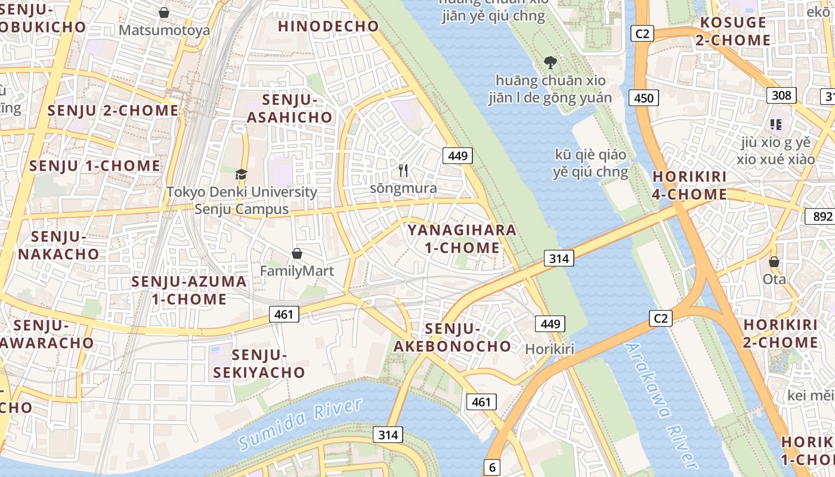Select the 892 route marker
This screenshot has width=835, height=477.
819,216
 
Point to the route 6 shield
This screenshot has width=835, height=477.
492,467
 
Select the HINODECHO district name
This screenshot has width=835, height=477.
328,26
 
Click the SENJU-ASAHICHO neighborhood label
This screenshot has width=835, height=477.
289,109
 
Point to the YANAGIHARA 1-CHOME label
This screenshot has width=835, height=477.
462,238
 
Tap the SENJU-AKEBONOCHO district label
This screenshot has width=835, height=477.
452,337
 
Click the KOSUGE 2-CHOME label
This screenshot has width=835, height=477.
733,32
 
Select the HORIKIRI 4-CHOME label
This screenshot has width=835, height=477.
689,185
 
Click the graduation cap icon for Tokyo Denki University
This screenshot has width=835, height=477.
241,174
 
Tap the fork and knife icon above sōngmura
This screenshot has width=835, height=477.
403,171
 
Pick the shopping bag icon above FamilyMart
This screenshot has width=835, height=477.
296,254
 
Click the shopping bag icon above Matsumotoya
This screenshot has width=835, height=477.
164,12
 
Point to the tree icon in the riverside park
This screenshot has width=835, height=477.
550,61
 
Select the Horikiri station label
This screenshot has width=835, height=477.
549,349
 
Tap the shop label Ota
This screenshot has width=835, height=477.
774,279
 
